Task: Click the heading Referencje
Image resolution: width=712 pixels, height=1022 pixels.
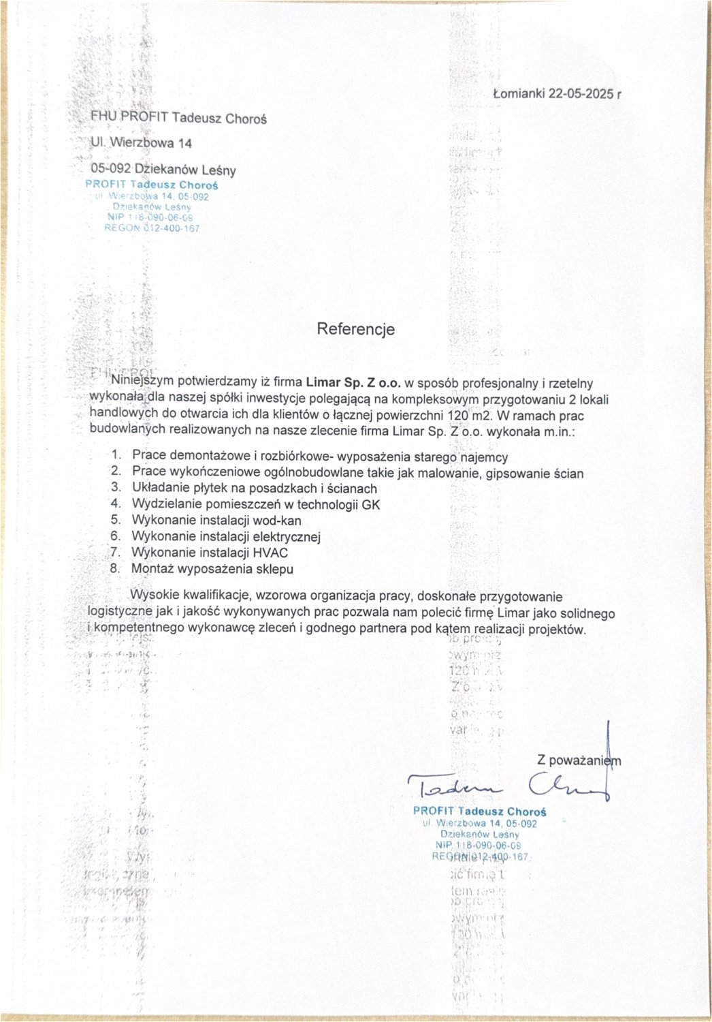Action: tap(355, 330)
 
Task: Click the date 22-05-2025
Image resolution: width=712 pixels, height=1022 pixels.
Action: tap(579, 94)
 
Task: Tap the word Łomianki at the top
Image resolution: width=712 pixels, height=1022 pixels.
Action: tap(517, 94)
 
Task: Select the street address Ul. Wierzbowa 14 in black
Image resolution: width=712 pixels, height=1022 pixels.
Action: tap(142, 143)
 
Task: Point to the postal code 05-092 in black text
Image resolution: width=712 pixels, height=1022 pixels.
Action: tap(111, 170)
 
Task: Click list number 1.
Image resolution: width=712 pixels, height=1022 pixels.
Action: tap(116, 454)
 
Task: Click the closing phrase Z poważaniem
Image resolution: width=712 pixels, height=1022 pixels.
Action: tap(579, 760)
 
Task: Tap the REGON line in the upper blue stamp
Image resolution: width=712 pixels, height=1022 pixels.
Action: tap(152, 229)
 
